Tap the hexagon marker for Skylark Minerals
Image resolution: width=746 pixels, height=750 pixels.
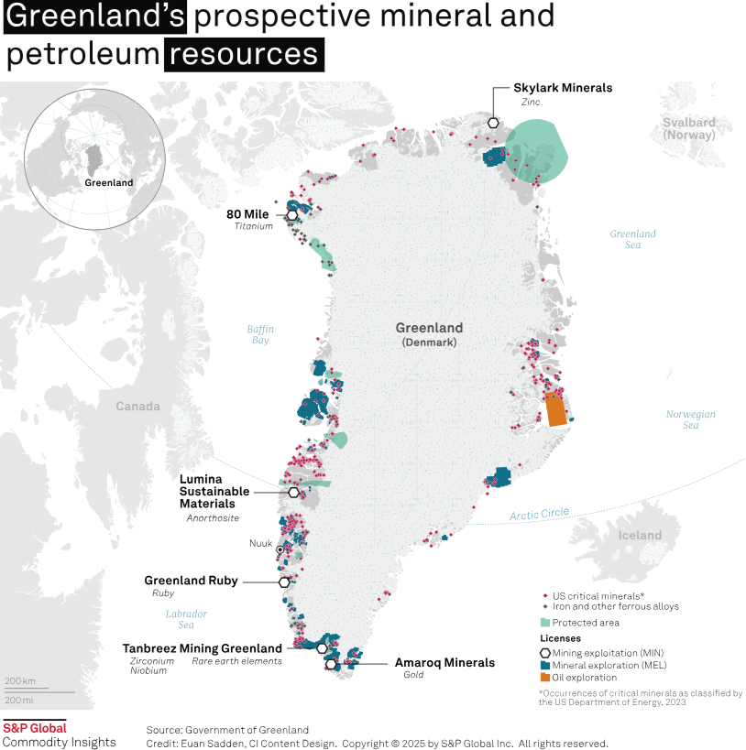click(493, 123)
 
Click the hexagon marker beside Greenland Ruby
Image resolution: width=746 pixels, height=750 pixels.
click(284, 582)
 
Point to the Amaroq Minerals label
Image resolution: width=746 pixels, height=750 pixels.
click(444, 662)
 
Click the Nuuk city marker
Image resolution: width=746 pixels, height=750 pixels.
click(280, 549)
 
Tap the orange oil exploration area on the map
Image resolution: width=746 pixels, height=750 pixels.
click(555, 409)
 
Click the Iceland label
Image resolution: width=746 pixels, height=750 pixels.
click(639, 535)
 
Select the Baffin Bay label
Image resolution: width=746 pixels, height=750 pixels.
click(260, 334)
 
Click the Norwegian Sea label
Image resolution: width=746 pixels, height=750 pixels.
click(690, 419)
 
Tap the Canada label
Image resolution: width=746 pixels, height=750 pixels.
click(137, 406)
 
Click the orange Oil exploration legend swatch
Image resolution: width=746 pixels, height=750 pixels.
click(545, 677)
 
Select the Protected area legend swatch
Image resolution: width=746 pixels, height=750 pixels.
click(545, 623)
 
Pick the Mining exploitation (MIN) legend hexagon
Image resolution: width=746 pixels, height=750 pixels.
click(545, 651)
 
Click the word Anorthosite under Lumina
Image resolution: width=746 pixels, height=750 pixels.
click(213, 517)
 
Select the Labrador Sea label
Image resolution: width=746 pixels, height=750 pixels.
click(186, 619)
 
